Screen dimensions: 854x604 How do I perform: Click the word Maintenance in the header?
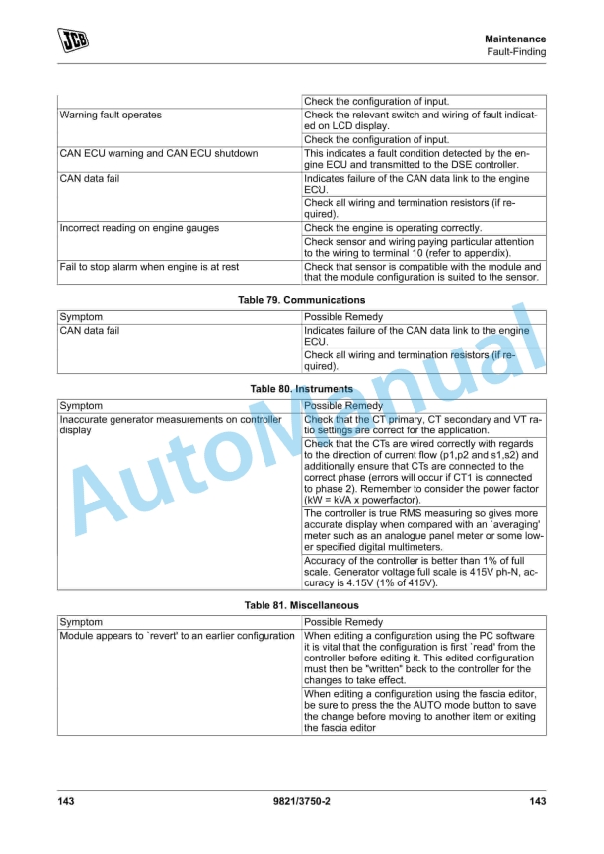515,39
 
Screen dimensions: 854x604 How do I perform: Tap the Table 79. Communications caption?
302,299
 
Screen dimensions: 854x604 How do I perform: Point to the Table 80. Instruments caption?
302,389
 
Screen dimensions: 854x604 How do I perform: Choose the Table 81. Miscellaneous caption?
302,604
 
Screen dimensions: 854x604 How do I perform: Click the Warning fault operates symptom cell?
111,116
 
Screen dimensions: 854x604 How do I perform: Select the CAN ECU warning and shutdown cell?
159,153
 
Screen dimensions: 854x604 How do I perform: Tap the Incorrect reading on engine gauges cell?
139,228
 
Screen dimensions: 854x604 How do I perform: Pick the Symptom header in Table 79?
81,317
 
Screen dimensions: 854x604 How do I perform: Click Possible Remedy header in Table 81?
343,622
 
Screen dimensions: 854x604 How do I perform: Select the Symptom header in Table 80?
81,406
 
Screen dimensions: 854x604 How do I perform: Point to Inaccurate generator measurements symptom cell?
170,425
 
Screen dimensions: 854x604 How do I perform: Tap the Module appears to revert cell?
177,636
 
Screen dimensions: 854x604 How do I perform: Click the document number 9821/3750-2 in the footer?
301,801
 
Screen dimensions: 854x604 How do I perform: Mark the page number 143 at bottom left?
65,801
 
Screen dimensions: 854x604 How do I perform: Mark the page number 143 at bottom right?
537,801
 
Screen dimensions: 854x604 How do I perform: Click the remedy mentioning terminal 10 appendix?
422,247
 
